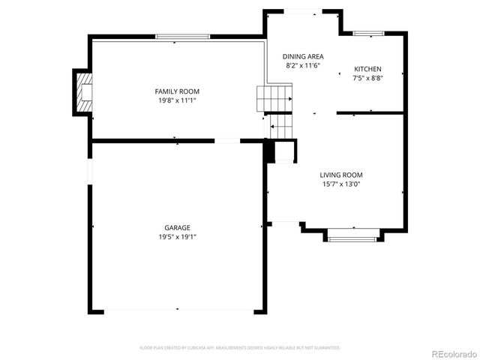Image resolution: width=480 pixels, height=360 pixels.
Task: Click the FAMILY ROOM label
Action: coord(177,91)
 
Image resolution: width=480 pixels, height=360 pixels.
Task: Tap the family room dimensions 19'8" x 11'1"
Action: coord(177,100)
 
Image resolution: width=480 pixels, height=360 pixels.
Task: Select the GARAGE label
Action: coord(177,228)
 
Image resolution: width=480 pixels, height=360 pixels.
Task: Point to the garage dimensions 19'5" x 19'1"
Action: coord(177,236)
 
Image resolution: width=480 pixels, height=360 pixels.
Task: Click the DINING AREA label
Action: coord(303,57)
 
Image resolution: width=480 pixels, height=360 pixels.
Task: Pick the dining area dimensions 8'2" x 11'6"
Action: coord(303,66)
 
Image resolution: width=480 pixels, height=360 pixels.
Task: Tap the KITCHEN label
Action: coord(367,69)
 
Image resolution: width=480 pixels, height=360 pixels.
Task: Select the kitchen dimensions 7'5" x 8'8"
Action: coord(367,78)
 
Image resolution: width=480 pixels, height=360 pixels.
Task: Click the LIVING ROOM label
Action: coord(341,175)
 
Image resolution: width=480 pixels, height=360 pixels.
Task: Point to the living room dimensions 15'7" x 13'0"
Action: coord(341,184)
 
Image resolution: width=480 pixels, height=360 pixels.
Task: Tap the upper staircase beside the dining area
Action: coord(274,97)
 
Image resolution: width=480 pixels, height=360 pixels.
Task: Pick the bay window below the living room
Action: coord(353,238)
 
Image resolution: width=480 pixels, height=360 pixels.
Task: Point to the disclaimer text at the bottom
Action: coord(240,348)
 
